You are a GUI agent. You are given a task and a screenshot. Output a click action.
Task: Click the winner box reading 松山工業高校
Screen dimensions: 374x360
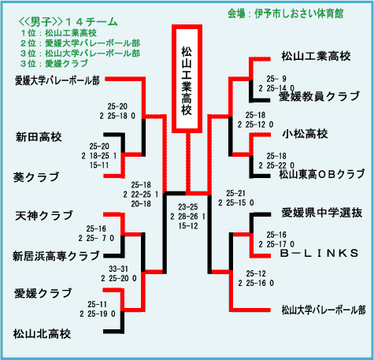pyautogui.click(x=187, y=79)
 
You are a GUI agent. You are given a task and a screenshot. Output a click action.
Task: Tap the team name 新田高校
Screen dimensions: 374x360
pyautogui.click(x=39, y=137)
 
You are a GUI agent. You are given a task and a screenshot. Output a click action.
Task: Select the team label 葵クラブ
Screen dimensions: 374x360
pyautogui.click(x=36, y=177)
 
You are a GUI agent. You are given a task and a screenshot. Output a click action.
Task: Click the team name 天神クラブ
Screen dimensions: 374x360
pyautogui.click(x=44, y=216)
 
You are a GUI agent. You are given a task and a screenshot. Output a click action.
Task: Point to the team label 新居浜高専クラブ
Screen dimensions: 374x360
pyautogui.click(x=56, y=256)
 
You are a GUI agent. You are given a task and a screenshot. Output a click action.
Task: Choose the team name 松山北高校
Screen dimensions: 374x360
pyautogui.click(x=42, y=334)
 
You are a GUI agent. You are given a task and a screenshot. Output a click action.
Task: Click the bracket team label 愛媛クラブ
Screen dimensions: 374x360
pyautogui.click(x=43, y=293)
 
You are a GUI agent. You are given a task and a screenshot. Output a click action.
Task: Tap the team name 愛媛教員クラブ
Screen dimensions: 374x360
pyautogui.click(x=319, y=96)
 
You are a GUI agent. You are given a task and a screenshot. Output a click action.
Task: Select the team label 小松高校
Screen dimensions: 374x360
pyautogui.click(x=305, y=134)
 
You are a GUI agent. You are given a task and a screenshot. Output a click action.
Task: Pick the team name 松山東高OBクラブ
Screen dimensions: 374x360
pyautogui.click(x=322, y=174)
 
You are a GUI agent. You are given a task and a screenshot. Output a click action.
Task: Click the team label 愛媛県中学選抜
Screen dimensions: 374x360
pyautogui.click(x=322, y=213)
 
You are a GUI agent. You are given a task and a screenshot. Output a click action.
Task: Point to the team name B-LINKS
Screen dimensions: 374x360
pyautogui.click(x=319, y=253)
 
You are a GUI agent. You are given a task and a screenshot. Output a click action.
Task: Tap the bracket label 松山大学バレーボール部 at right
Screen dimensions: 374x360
pyautogui.click(x=324, y=310)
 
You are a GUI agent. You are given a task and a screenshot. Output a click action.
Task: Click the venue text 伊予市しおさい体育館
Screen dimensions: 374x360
pyautogui.click(x=299, y=13)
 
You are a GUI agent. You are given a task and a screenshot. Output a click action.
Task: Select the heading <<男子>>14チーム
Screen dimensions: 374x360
pyautogui.click(x=69, y=22)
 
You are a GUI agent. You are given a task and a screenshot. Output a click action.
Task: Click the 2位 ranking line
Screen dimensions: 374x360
pyautogui.click(x=80, y=43)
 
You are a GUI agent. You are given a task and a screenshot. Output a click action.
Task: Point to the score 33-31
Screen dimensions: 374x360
pyautogui.click(x=119, y=269)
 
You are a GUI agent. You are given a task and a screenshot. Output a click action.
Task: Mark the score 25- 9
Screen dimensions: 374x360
pyautogui.click(x=276, y=79)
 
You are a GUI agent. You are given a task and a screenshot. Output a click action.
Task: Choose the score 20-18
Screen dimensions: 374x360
pyautogui.click(x=141, y=204)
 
